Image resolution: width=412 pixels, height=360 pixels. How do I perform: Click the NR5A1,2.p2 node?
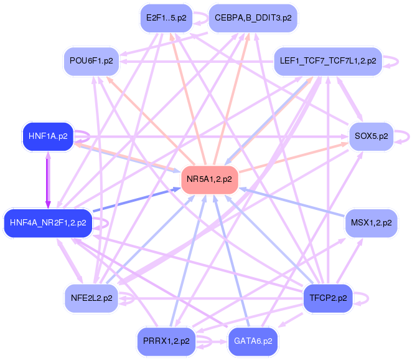coord(210,179)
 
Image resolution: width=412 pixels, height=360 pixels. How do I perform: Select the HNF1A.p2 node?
coord(48,136)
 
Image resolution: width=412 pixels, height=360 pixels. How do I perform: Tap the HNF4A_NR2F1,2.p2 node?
coord(48,223)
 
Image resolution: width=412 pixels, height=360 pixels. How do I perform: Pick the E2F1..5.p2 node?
coord(166,18)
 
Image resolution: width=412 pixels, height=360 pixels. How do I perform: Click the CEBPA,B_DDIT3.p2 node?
coord(253,18)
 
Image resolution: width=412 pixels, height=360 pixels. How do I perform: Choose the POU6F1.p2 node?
coord(91,61)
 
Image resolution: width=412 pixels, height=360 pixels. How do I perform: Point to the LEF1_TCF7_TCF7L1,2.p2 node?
coord(328,61)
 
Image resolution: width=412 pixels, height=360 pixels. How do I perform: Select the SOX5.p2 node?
coord(372,136)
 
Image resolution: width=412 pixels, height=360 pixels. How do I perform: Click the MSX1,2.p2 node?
coord(372,223)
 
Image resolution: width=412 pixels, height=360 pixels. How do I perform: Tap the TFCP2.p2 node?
coord(328,298)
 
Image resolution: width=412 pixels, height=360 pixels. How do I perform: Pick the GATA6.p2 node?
coord(253,341)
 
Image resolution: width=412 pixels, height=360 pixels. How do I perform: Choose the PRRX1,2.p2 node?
coord(166,341)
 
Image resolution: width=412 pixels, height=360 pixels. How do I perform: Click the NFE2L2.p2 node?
coord(91,298)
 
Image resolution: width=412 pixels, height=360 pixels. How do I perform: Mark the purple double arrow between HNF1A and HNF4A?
coord(48,180)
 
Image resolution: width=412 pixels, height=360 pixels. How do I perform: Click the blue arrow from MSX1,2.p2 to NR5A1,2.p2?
coord(292,202)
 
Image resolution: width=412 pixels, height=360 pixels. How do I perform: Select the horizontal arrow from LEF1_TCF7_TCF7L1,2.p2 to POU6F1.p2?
coord(197,62)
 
